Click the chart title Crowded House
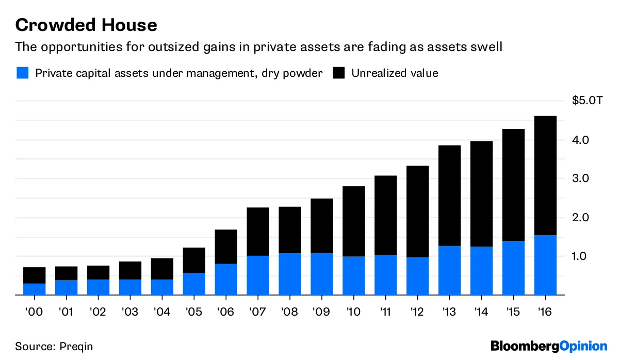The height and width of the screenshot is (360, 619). [x=86, y=25]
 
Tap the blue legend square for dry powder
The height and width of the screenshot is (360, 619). [x=22, y=73]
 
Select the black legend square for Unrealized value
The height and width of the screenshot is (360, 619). [x=338, y=73]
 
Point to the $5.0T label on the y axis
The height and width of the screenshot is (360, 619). [x=587, y=101]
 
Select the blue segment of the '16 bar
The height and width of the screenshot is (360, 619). [x=545, y=265]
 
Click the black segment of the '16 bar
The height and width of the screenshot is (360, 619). [x=545, y=175]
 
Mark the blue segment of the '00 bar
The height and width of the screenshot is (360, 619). [x=34, y=289]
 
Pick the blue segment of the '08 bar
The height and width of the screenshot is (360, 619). [x=290, y=274]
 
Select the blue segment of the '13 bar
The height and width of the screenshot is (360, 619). [x=449, y=270]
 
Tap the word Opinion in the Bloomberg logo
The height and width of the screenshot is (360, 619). [x=582, y=346]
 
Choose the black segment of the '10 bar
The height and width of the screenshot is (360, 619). [x=353, y=221]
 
